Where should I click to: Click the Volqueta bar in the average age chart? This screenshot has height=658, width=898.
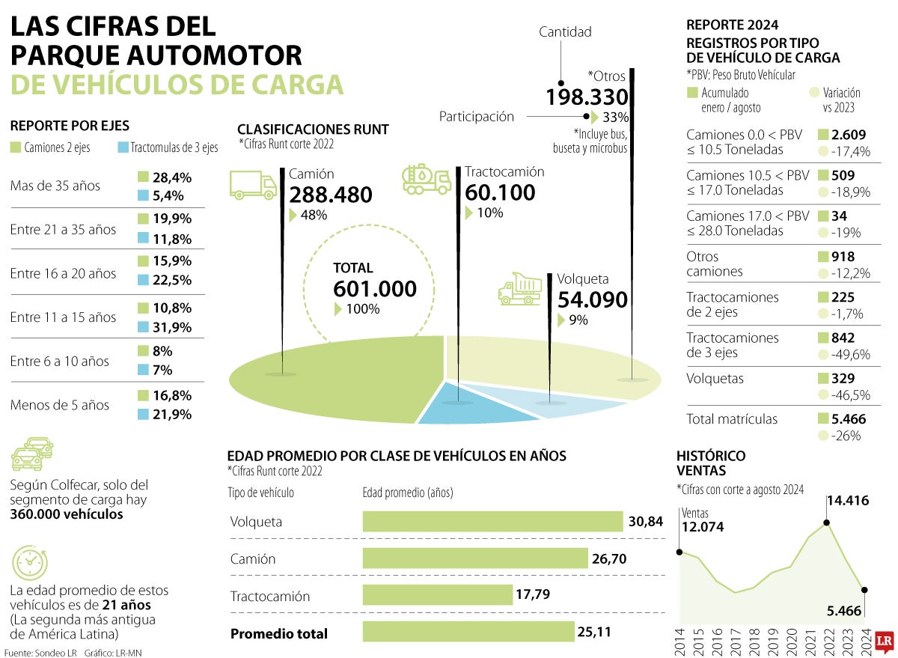pos(492,521)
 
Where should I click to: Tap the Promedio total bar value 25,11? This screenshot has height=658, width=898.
pos(594,633)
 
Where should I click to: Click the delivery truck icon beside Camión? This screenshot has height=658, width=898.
pos(254,184)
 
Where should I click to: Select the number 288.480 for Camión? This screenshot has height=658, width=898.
pos(331,195)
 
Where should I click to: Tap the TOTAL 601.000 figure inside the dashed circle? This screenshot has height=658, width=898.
pos(375,288)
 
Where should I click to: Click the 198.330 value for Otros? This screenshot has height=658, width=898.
pos(587,97)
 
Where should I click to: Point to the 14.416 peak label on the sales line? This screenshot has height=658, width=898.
pos(847,500)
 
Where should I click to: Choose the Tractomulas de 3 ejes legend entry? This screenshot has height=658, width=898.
pos(168,147)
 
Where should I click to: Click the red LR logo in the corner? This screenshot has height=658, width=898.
pos(884,640)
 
